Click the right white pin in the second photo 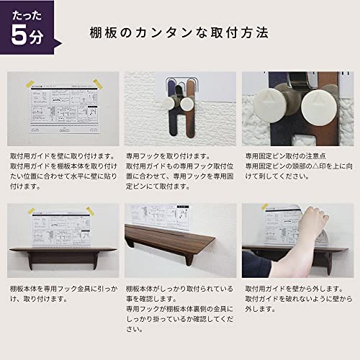(x=187, y=103)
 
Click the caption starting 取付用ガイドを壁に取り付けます (x=60, y=155)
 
